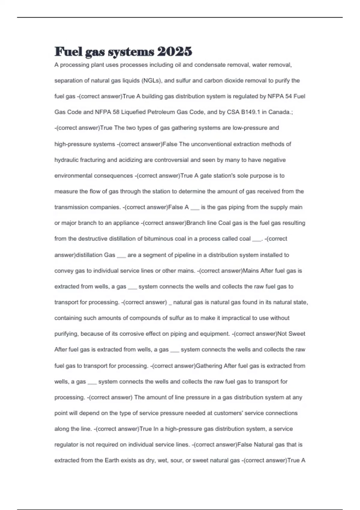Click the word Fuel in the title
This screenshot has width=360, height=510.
coord(68,52)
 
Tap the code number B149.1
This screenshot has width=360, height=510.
coord(251,112)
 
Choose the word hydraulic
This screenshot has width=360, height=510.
coord(66,160)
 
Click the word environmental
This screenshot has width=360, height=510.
coord(73,175)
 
